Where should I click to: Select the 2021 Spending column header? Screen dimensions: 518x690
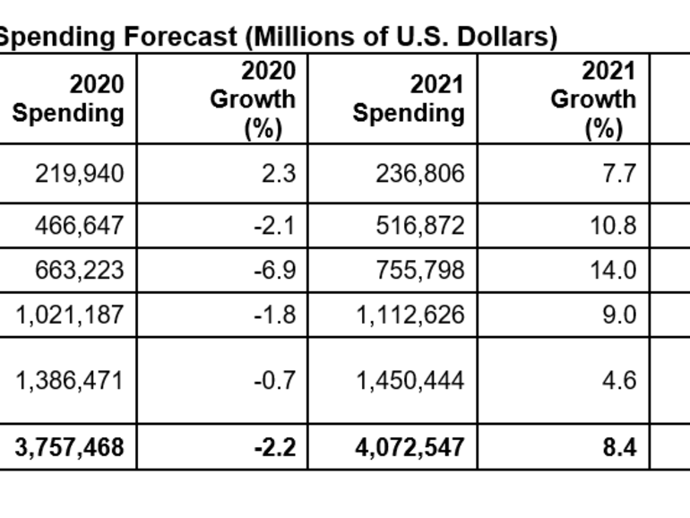[x=409, y=99]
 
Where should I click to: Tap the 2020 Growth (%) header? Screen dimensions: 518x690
[x=253, y=99]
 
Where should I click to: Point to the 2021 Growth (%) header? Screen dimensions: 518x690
[x=593, y=99]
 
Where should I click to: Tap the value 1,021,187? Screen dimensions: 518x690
[x=69, y=315]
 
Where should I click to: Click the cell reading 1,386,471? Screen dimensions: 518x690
[x=69, y=381]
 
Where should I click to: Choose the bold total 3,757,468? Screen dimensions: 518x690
[x=69, y=446]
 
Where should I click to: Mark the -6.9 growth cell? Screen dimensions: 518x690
[x=274, y=270]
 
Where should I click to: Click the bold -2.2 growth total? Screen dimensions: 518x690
[x=274, y=446]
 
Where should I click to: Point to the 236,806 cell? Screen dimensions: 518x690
[x=420, y=173]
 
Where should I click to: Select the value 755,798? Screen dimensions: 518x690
[x=420, y=270]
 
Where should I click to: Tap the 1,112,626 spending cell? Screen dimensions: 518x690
[x=410, y=315]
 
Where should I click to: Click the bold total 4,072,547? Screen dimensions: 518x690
[x=410, y=446]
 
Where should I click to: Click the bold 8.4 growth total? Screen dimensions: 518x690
[x=619, y=446]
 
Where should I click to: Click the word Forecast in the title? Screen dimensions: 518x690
[x=194, y=38]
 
